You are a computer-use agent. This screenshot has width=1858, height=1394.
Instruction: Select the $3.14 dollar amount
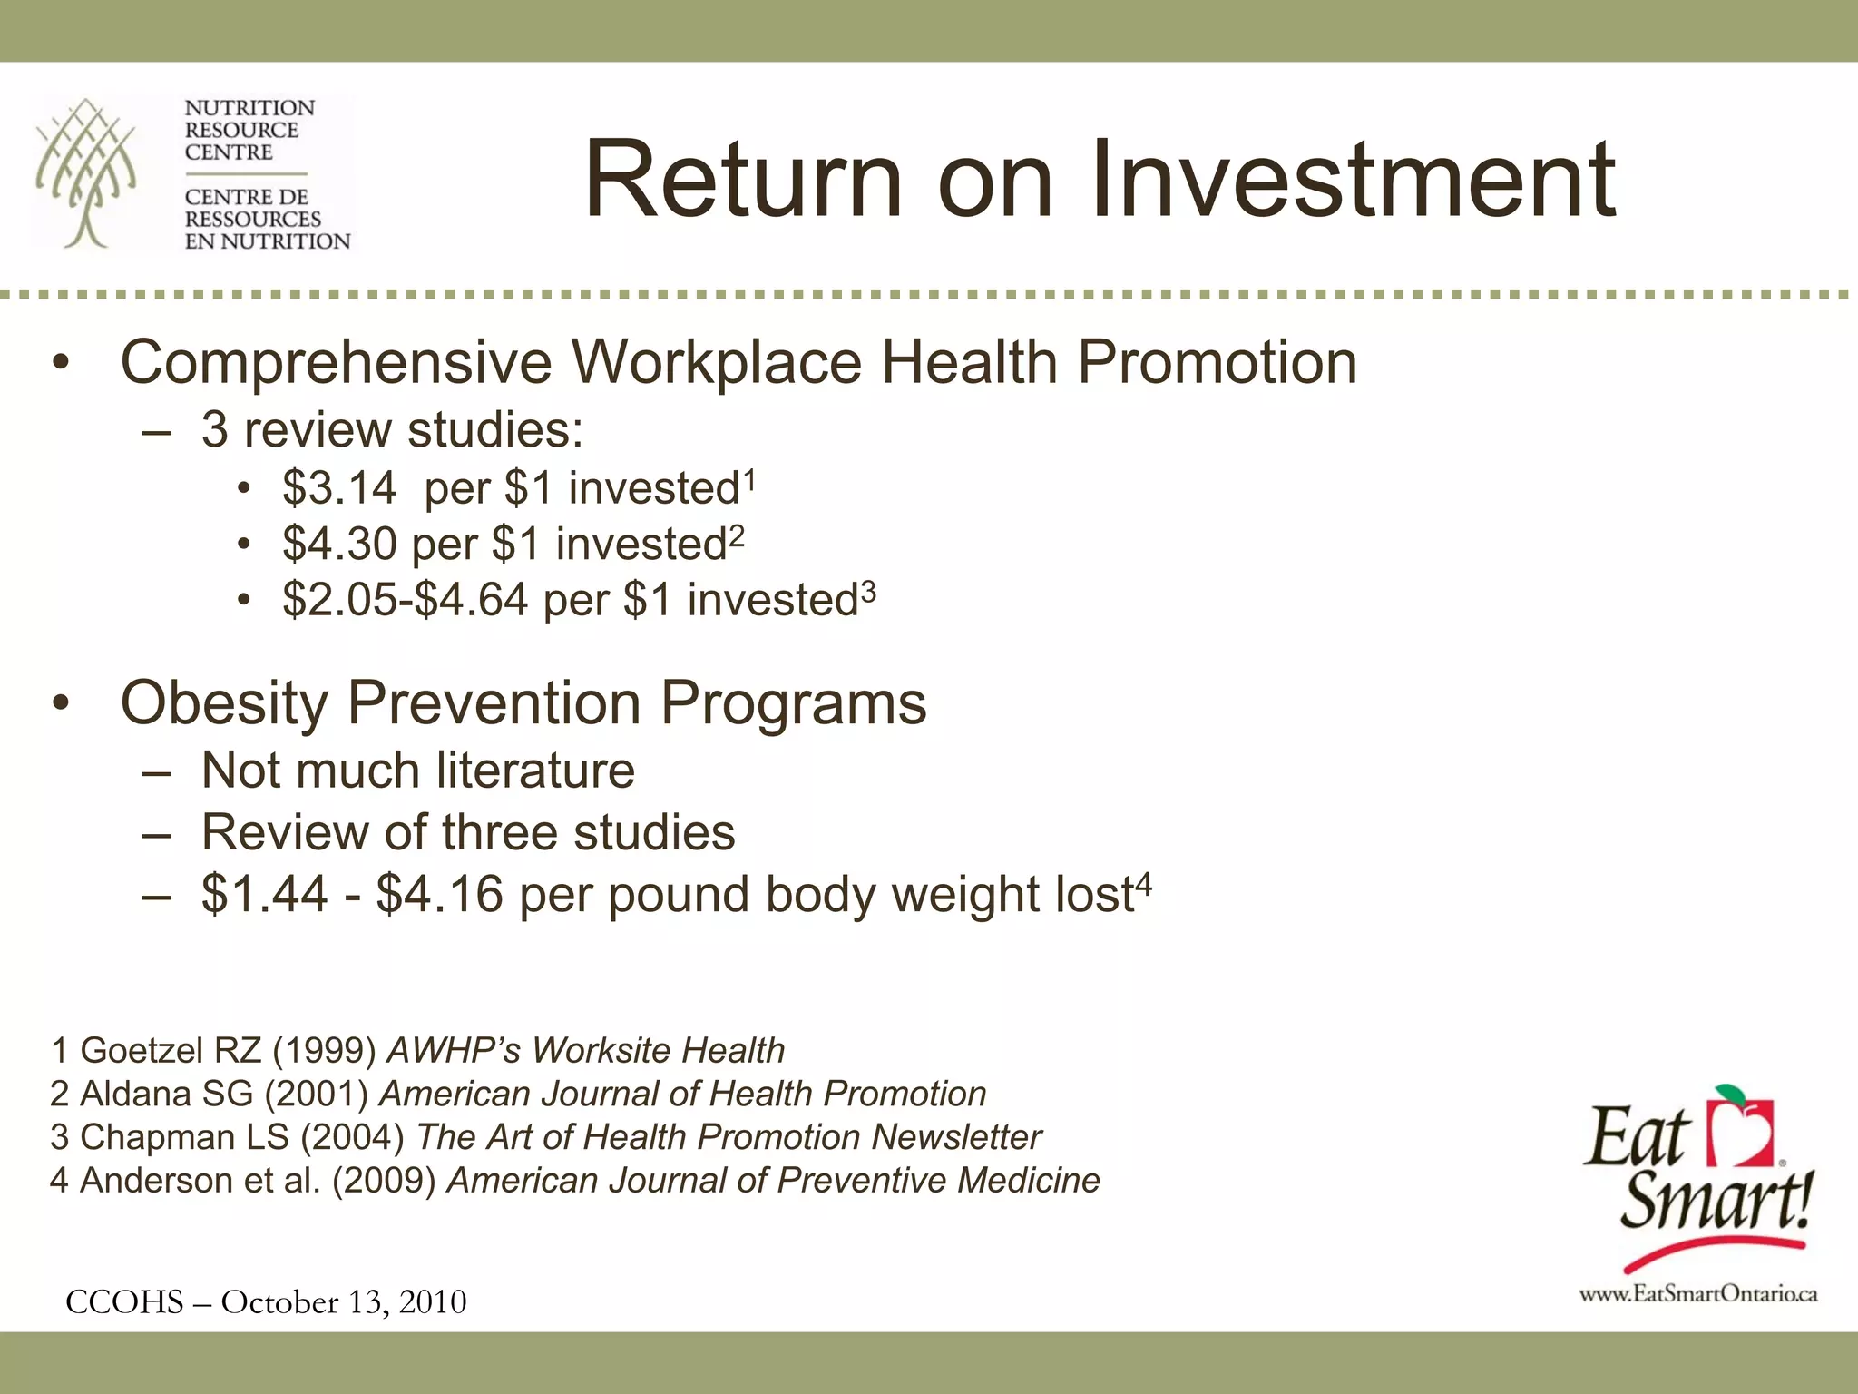click(339, 488)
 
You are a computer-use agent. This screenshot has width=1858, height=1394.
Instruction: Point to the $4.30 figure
click(339, 545)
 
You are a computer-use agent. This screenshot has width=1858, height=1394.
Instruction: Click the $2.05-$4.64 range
click(405, 600)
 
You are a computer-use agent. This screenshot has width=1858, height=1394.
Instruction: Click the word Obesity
click(223, 703)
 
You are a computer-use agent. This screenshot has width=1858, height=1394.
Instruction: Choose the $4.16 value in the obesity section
click(439, 895)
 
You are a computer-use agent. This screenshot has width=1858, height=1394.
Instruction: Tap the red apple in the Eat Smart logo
click(1738, 1131)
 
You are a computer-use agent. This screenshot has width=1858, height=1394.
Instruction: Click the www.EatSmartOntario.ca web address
click(1698, 1294)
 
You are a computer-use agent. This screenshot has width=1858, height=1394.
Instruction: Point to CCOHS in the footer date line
click(124, 1302)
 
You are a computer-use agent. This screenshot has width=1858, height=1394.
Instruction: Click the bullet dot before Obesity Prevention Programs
click(60, 705)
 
